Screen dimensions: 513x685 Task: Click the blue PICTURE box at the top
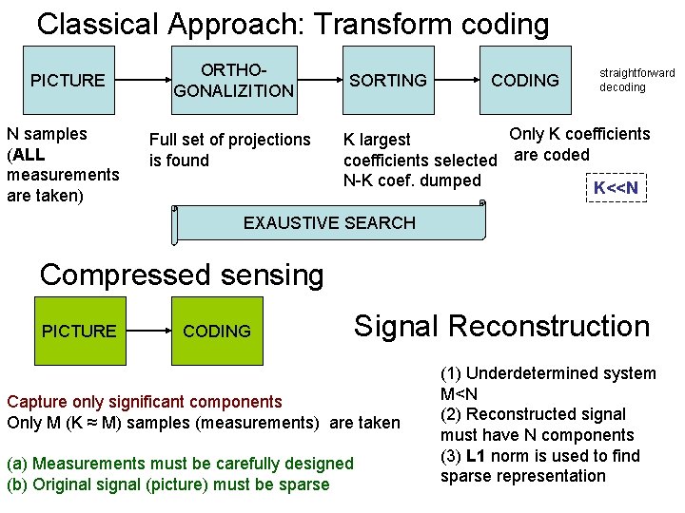[68, 81]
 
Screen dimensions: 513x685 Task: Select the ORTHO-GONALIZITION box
[233, 81]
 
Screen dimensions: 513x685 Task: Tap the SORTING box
[388, 81]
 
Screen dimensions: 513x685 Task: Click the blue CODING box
[525, 81]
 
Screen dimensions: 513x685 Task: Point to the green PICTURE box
[79, 331]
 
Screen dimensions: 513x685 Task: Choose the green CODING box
[217, 331]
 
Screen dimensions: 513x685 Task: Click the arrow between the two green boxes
[148, 331]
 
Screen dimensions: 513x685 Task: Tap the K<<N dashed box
[616, 188]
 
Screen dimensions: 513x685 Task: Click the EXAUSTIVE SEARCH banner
[329, 223]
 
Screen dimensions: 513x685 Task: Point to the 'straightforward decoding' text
[636, 80]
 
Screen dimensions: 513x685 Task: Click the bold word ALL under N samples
[28, 155]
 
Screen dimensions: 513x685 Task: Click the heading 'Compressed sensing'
[182, 275]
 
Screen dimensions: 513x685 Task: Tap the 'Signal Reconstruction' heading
[501, 326]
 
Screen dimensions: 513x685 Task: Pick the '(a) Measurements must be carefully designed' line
[180, 464]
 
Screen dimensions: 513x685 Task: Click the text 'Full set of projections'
[229, 140]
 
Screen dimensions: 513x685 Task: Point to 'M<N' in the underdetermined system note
[459, 393]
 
